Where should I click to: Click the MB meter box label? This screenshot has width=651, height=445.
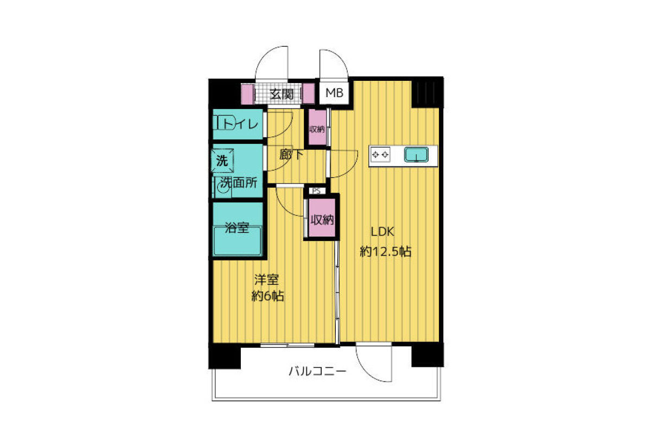tap(334, 93)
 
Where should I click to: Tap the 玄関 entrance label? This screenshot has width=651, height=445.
tap(282, 94)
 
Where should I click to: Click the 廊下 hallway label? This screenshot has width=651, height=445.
tap(291, 155)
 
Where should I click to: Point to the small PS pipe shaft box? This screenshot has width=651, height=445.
tap(316, 191)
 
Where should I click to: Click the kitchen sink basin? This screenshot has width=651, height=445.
tap(416, 155)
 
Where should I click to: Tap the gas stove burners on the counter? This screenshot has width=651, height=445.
tap(380, 155)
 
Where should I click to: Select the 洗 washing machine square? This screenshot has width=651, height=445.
tap(222, 161)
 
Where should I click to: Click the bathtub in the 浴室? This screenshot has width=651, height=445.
tap(238, 241)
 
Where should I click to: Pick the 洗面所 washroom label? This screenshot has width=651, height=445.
tap(238, 183)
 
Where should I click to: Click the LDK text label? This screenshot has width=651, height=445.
tap(382, 232)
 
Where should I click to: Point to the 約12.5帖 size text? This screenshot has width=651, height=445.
tap(385, 251)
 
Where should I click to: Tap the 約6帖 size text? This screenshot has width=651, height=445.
tap(267, 296)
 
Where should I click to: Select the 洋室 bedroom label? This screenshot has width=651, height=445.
tap(266, 279)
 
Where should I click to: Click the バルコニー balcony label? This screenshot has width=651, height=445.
tap(317, 371)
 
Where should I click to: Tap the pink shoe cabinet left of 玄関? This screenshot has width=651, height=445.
tap(247, 93)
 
